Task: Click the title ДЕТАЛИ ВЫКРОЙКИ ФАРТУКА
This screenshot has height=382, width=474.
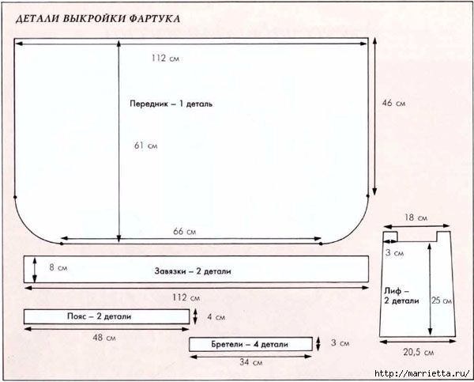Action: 98,19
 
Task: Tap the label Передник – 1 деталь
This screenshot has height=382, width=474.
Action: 171,104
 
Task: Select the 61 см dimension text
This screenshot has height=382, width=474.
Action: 145,146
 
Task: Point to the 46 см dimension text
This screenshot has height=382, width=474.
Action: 393,103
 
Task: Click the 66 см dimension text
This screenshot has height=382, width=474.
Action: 184,231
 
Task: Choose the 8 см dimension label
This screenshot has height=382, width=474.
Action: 58,267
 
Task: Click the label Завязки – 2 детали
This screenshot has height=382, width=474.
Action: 193,271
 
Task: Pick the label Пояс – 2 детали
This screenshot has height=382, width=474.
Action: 100,316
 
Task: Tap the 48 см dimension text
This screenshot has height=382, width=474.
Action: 104,337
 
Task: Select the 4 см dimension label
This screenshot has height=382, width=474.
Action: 216,317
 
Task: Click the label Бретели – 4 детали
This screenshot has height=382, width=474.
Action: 250,344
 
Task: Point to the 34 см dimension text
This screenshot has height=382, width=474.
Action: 251,362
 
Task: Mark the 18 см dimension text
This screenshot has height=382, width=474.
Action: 416,217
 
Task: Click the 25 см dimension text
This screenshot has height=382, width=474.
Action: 442,301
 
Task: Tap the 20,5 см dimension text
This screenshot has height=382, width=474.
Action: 419,352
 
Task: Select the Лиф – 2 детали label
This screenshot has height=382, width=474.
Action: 401,296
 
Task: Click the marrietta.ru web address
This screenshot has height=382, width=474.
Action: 422,373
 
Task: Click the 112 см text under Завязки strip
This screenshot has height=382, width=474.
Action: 186,297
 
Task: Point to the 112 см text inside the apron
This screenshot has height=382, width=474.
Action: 165,58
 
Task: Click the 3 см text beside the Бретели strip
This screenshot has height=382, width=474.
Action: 340,343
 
